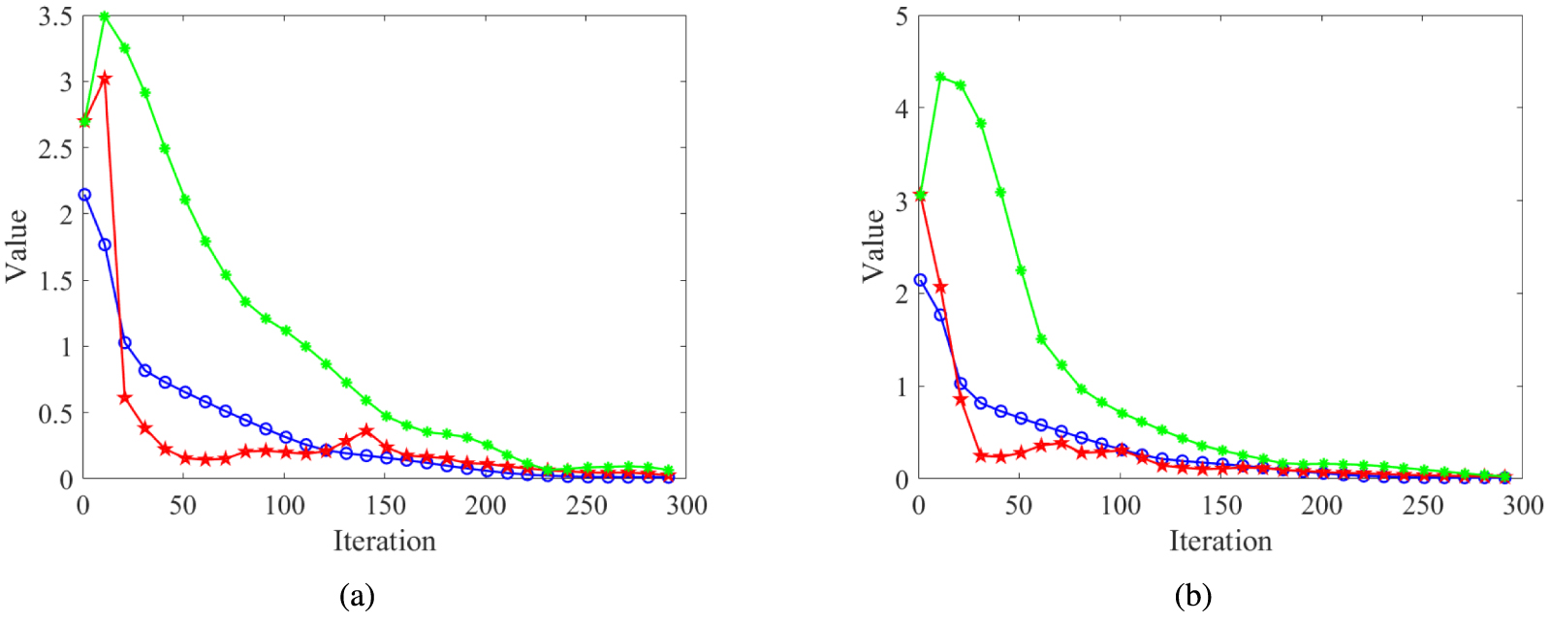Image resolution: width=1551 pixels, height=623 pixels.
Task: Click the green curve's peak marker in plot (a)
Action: pos(105,17)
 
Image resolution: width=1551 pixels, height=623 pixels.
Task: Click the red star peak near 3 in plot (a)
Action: pos(105,78)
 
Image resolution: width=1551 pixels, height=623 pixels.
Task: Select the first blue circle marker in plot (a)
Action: pos(84,195)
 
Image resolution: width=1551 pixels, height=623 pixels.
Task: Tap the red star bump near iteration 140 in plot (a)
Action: pos(365,430)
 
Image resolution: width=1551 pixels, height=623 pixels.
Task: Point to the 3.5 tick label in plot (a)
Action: pos(55,16)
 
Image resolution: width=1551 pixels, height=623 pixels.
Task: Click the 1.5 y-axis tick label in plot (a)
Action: pos(55,281)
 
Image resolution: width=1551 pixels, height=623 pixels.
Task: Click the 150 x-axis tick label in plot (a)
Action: pos(385,506)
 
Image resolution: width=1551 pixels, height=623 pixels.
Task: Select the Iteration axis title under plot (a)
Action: pos(385,541)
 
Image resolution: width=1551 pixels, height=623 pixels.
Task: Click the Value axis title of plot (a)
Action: pos(16,246)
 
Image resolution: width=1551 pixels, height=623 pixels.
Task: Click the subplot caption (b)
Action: pos(1192,596)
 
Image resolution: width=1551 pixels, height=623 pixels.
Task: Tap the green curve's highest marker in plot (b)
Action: pos(940,77)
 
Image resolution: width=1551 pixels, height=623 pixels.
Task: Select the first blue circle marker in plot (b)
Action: pos(920,280)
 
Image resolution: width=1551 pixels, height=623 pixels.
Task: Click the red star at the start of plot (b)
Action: pos(920,196)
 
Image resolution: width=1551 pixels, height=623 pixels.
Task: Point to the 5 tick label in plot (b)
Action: pos(902,16)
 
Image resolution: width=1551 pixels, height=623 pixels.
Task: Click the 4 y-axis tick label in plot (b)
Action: pos(902,109)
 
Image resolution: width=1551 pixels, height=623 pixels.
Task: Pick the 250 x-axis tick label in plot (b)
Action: pos(1422,506)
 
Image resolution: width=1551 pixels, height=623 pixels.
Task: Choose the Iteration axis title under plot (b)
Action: pos(1220,541)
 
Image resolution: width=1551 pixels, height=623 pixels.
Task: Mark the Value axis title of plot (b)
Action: pos(873,246)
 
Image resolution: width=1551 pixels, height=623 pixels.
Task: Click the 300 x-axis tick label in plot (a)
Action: pos(686,506)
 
